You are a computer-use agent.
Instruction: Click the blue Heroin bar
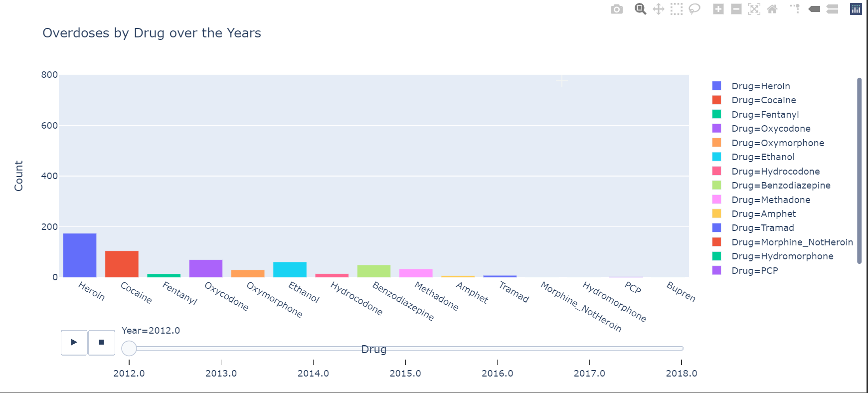(80, 255)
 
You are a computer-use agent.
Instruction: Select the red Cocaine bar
(122, 264)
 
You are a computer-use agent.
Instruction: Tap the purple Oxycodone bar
(206, 268)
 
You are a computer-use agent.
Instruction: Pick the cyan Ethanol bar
(290, 269)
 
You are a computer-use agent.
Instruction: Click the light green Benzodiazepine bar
(374, 271)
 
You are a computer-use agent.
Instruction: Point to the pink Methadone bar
(416, 273)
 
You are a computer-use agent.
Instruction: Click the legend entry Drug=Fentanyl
(765, 115)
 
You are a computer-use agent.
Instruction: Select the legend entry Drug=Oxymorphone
(777, 143)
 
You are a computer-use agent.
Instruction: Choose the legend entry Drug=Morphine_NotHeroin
(792, 242)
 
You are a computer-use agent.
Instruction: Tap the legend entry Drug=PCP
(754, 271)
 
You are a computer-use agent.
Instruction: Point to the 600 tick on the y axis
(49, 126)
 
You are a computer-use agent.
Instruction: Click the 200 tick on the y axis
(49, 227)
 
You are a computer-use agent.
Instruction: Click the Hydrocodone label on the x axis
(356, 298)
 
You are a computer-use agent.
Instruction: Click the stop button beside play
(102, 343)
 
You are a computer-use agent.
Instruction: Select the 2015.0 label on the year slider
(405, 373)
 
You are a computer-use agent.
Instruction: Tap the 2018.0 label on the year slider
(681, 373)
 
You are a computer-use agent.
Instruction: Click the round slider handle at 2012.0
(129, 348)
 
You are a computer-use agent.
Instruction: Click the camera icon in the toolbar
(617, 9)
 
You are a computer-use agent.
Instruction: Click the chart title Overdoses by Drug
(152, 33)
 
